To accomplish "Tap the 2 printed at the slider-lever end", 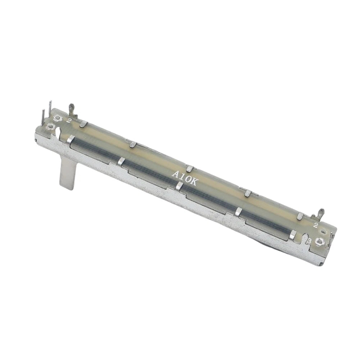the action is (68, 120).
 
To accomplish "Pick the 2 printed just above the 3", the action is (315, 225).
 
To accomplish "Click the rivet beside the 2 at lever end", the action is (57, 118).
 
